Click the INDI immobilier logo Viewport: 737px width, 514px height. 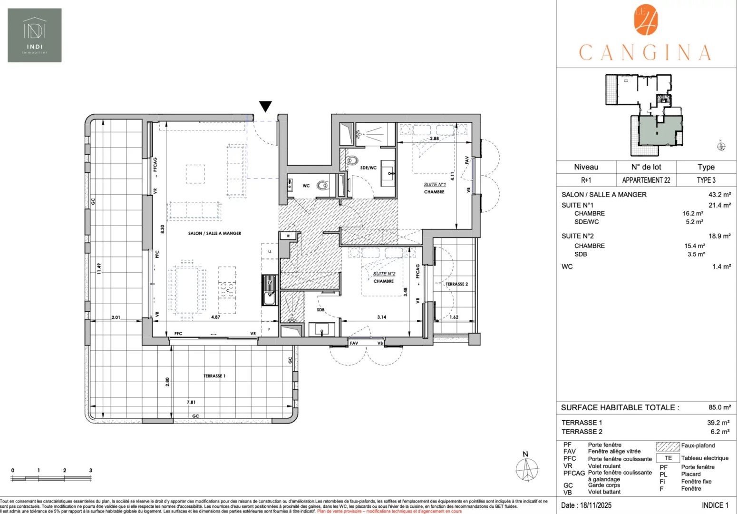[x=34, y=35]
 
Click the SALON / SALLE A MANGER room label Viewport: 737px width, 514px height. [x=214, y=233]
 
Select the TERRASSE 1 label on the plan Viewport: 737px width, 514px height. [x=214, y=376]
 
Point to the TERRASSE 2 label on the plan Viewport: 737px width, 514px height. [x=456, y=284]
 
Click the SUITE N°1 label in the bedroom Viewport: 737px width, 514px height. [x=434, y=185]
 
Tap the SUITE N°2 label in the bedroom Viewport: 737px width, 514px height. [x=384, y=274]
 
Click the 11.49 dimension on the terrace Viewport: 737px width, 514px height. [x=99, y=269]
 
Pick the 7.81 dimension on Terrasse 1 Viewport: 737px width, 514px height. [x=191, y=402]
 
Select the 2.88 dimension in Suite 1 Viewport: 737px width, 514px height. [x=434, y=138]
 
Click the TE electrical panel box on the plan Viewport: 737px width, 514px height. [x=288, y=236]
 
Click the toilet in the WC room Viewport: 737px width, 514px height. [x=323, y=186]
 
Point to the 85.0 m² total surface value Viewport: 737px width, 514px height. [x=719, y=407]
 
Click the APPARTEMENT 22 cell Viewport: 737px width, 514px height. [x=646, y=180]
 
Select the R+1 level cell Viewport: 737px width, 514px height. [x=586, y=180]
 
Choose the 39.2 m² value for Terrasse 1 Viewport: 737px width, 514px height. [x=718, y=423]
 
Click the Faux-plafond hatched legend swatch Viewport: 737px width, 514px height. [x=668, y=446]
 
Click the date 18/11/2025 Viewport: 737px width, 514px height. [x=586, y=505]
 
